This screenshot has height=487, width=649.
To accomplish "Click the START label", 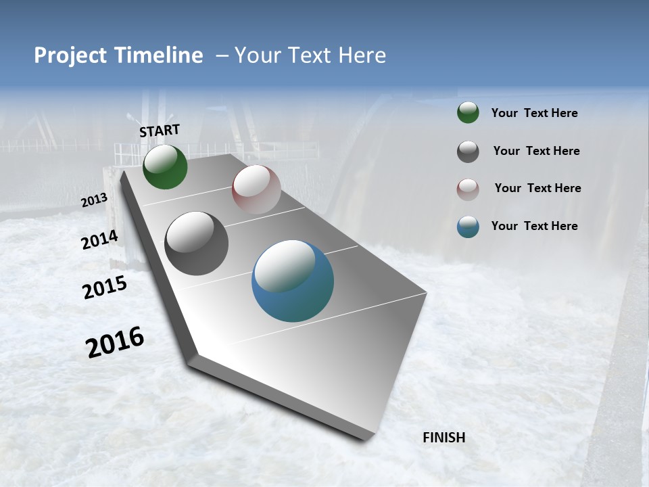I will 160,131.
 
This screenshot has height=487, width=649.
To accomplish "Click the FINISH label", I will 443,438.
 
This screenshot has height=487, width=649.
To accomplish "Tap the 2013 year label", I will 94,200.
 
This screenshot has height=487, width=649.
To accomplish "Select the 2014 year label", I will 99,240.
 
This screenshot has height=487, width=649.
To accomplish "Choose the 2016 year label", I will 115,342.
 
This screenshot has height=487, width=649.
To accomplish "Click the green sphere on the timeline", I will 165,166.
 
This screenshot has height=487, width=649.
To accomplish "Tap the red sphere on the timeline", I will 256,189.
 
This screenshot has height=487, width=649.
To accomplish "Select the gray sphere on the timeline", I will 196,243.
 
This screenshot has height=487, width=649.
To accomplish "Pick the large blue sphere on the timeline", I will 293,281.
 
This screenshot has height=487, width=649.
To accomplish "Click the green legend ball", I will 468,113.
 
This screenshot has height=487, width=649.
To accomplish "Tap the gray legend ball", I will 468,152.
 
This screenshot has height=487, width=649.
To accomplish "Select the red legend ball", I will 468,189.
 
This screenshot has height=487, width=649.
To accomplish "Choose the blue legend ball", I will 468,227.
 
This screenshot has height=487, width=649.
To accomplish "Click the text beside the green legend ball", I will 534,114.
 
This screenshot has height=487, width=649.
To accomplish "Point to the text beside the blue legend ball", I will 534,226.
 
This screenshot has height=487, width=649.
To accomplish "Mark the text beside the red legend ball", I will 537,188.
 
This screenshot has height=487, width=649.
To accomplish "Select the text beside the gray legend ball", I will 536,151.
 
